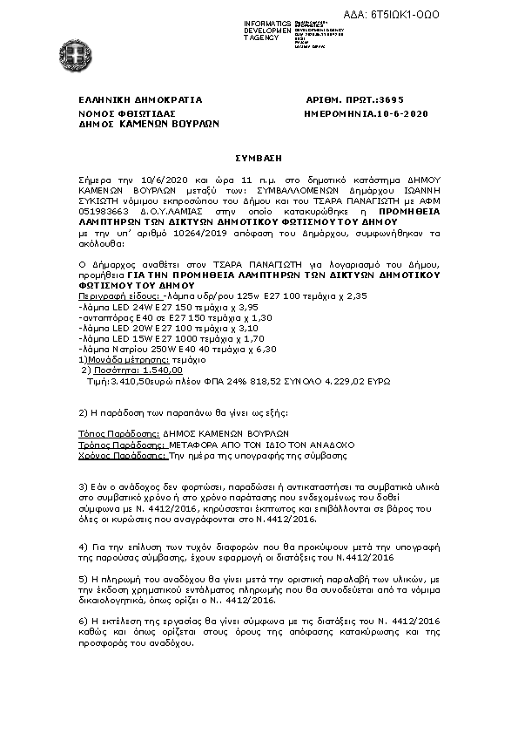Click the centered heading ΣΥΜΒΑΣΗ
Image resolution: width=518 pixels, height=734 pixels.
[x=259, y=158]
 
